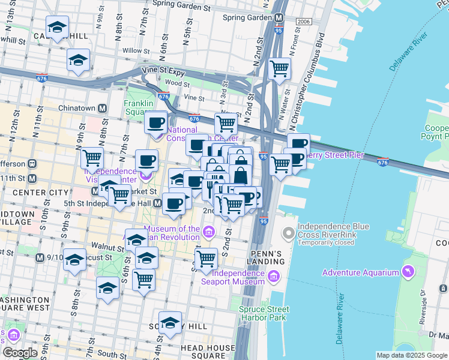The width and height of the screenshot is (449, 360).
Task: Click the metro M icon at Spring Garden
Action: [x=279, y=17]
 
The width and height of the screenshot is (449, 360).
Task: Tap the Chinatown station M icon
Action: [x=103, y=108]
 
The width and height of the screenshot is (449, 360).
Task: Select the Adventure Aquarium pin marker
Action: [x=409, y=272]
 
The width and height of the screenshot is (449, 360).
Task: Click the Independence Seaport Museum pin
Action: [x=274, y=276]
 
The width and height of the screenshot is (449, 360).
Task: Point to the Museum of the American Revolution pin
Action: [x=208, y=232]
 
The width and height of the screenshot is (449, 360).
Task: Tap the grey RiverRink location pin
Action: [x=289, y=232]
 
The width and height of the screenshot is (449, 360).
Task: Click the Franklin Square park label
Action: [x=140, y=107]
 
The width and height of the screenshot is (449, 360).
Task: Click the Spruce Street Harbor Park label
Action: [x=264, y=313]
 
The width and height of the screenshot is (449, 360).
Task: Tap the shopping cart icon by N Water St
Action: [x=279, y=68]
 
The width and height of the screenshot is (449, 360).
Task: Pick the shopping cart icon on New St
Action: [x=226, y=123]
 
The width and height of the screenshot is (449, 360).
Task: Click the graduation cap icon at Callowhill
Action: [x=58, y=27]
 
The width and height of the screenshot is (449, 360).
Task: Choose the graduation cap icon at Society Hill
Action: [x=170, y=322]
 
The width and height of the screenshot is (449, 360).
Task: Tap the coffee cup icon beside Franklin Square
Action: [x=156, y=122]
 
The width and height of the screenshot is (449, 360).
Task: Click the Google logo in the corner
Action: [x=20, y=353]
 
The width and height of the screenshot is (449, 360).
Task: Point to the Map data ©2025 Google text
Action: [x=411, y=355]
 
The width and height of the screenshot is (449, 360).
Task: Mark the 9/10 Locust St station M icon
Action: [x=40, y=258]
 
